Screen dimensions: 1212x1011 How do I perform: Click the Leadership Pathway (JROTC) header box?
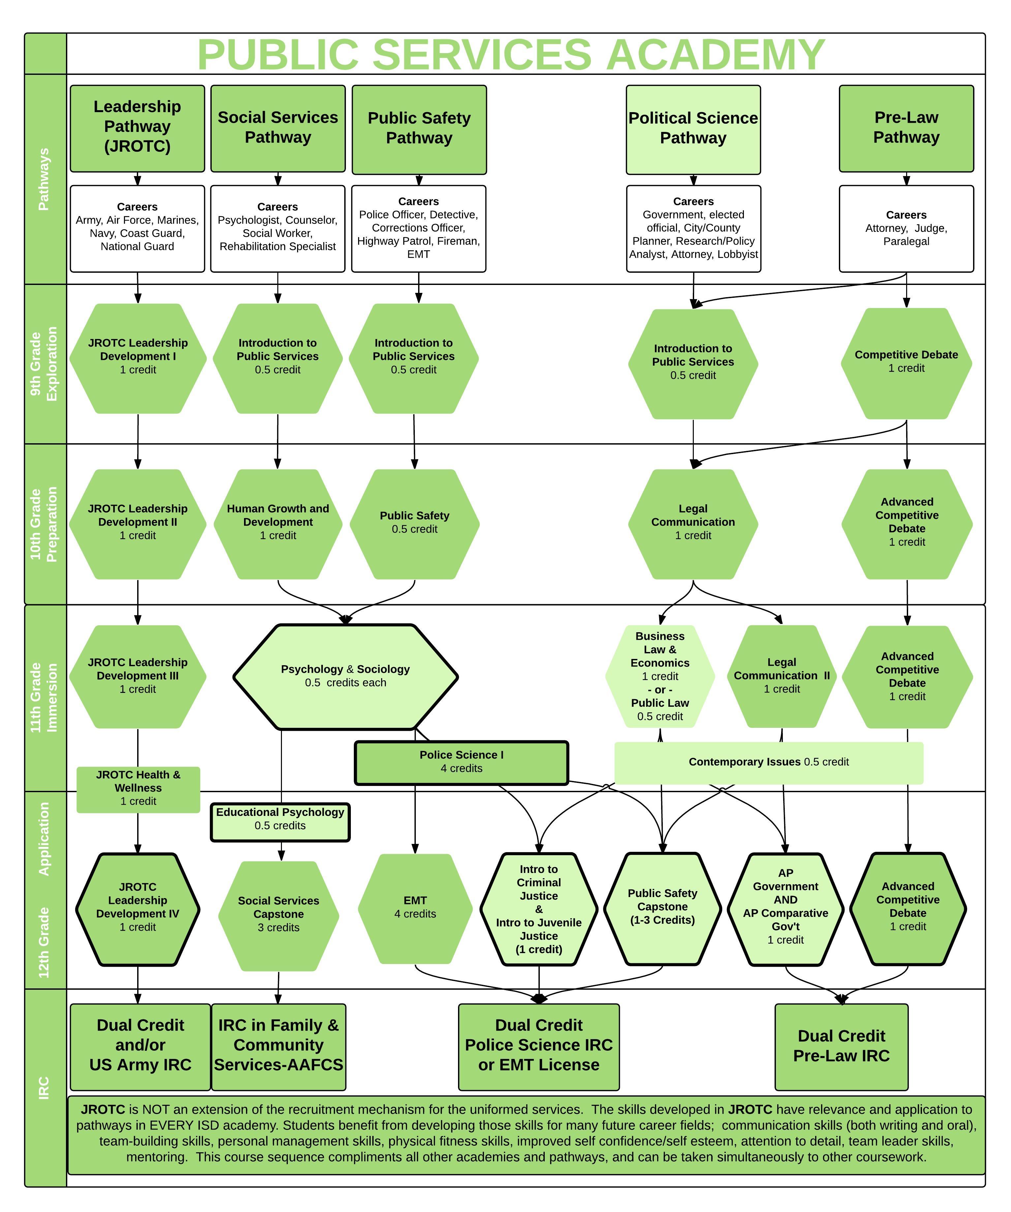[x=137, y=128]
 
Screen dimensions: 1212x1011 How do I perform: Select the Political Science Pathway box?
[x=693, y=129]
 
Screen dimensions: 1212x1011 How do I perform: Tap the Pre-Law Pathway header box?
[x=906, y=128]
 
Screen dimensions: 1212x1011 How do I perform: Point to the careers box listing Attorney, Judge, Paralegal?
[x=906, y=229]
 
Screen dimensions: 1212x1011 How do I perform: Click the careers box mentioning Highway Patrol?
[x=418, y=229]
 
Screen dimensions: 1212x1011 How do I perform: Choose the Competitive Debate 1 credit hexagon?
[x=906, y=363]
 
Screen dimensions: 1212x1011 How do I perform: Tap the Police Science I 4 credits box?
[x=461, y=762]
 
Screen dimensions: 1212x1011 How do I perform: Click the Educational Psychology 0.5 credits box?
[x=280, y=822]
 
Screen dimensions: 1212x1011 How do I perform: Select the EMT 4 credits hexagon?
[x=415, y=909]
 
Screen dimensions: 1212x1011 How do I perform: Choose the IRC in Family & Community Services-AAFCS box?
[x=278, y=1046]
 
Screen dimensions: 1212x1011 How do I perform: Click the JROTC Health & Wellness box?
[x=138, y=789]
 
